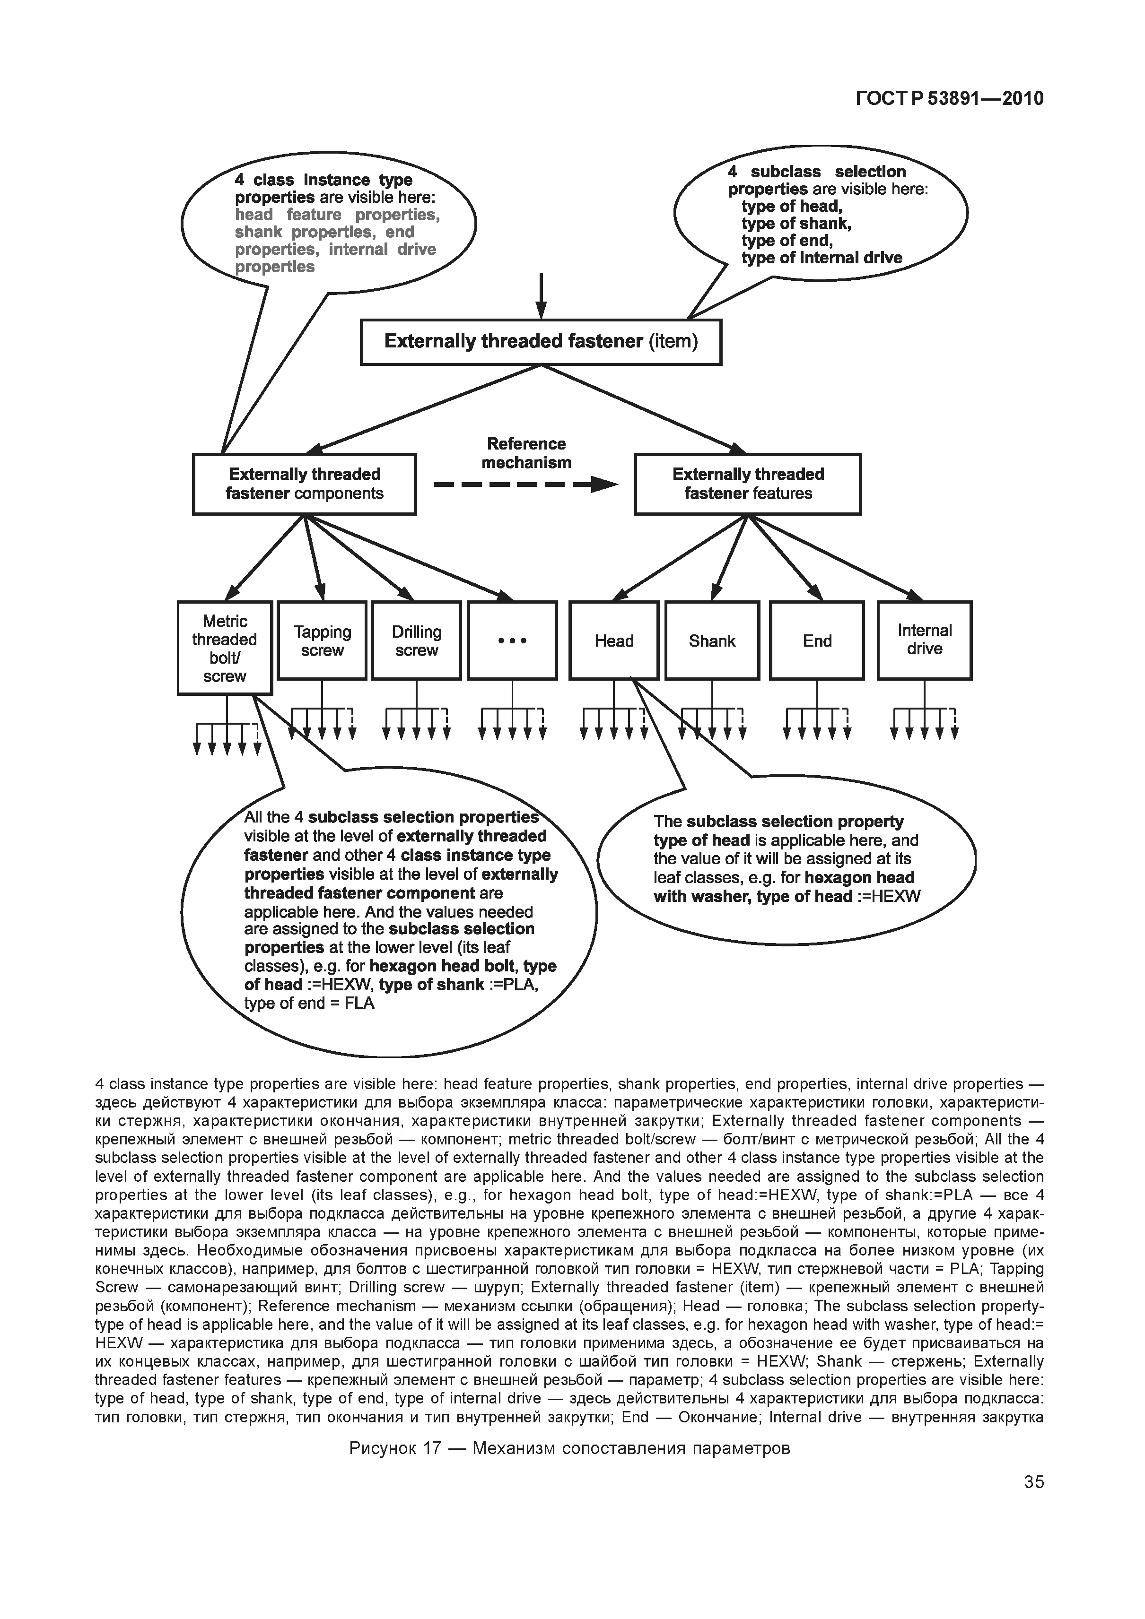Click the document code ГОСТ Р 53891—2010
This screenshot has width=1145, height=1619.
(949, 98)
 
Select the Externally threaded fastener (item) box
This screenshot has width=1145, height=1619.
(541, 342)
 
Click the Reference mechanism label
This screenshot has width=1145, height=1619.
(526, 453)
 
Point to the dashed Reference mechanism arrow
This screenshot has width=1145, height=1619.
(525, 485)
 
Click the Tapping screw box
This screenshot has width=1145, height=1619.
(322, 640)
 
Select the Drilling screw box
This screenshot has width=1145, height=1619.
(416, 640)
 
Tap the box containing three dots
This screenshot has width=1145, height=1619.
(512, 640)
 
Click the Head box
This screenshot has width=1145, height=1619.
(614, 640)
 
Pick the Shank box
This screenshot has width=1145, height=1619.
(712, 640)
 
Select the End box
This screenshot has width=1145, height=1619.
(817, 640)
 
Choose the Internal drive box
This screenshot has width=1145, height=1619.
(924, 640)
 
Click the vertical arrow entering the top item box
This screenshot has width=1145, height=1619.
(541, 296)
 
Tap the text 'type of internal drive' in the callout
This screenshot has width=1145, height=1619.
(822, 258)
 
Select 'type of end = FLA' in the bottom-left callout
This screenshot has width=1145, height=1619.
(309, 1004)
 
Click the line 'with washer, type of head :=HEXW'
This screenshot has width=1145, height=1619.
(787, 896)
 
